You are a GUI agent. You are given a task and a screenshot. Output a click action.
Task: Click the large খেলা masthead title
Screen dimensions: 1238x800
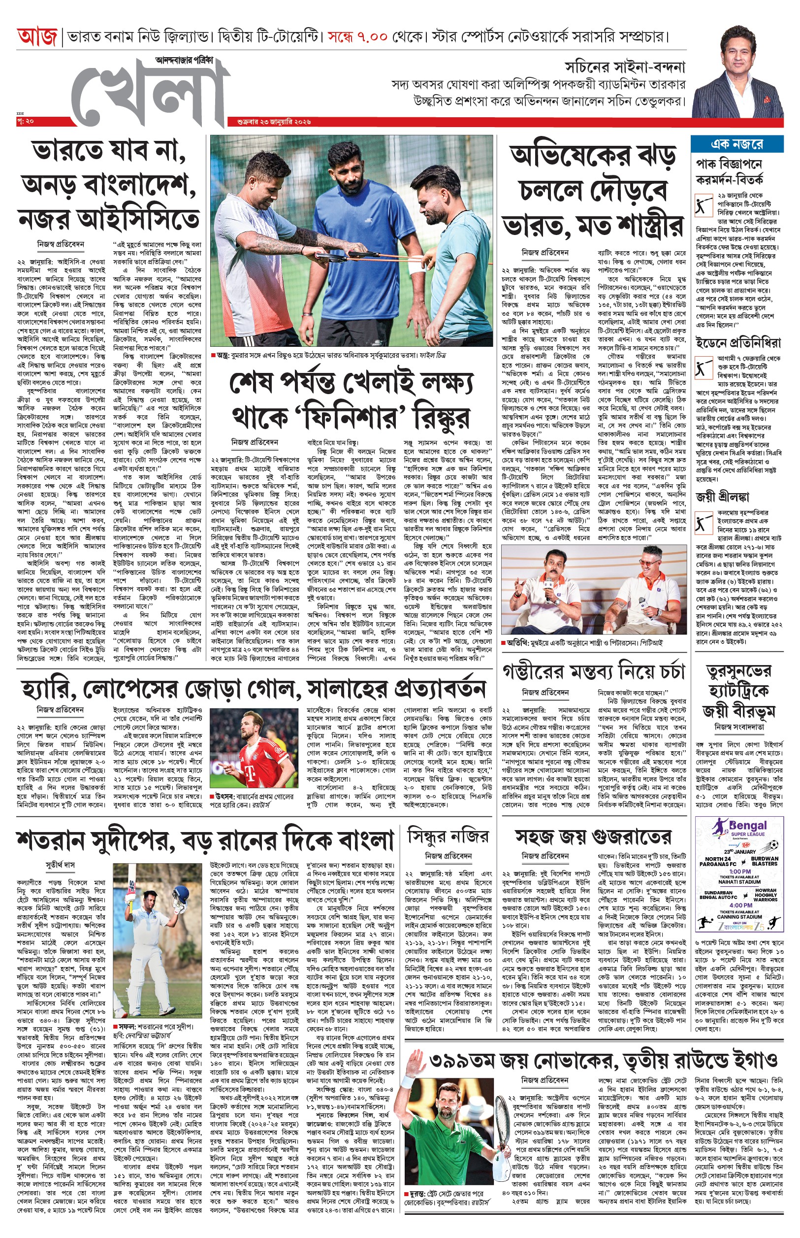click(x=151, y=94)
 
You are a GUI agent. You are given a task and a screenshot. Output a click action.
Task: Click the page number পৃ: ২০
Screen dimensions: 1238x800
click(x=26, y=121)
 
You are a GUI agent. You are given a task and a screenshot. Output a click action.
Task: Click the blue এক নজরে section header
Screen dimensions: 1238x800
click(x=736, y=144)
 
